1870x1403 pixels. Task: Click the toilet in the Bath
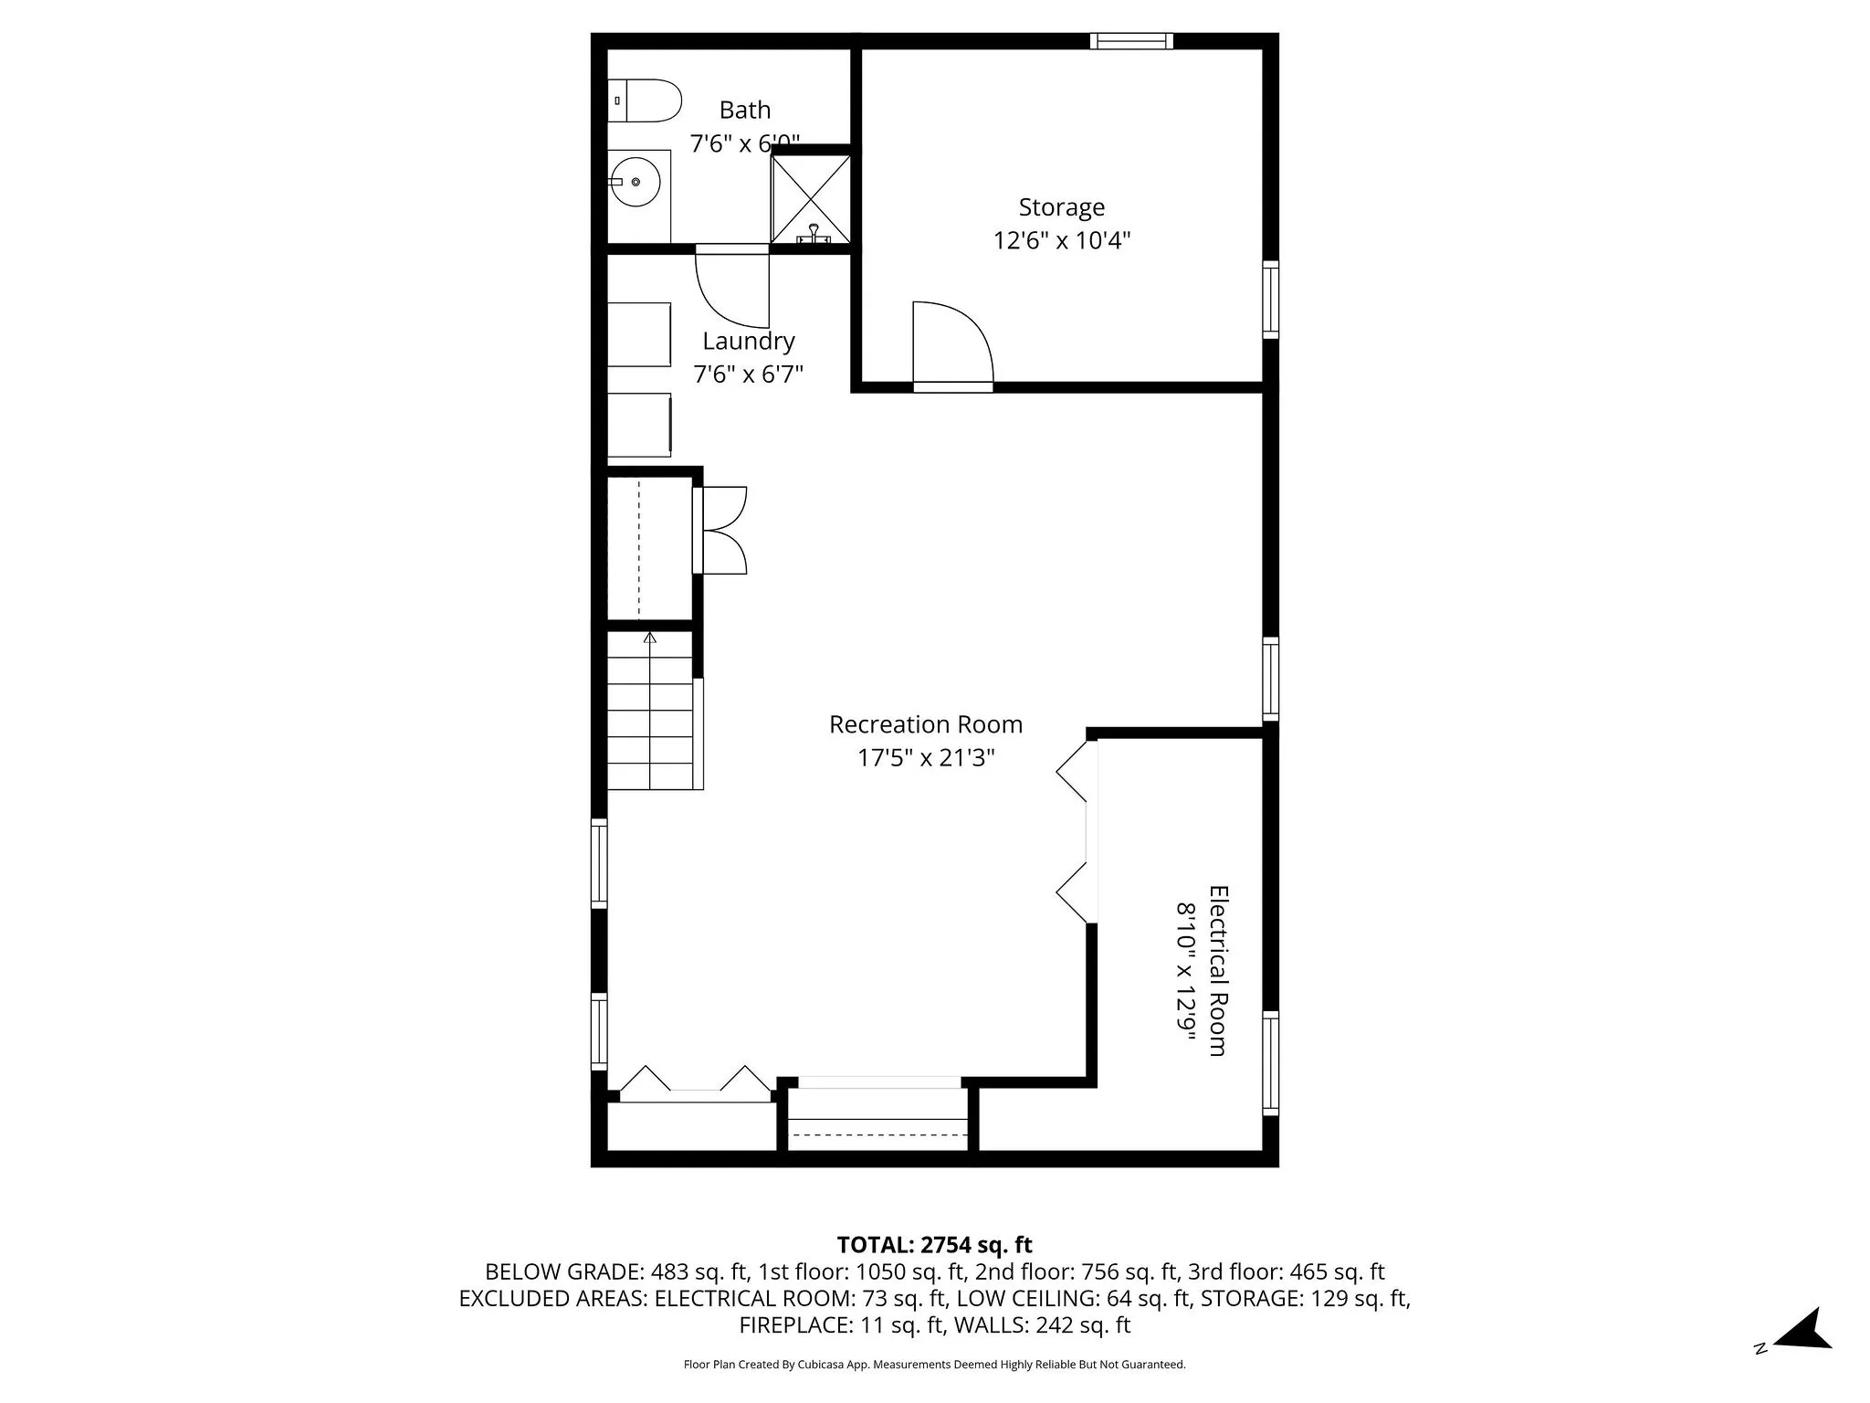[x=646, y=100]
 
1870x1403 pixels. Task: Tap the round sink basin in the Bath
[x=636, y=182]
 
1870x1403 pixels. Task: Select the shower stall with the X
[x=811, y=198]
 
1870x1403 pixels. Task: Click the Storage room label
[x=1061, y=207]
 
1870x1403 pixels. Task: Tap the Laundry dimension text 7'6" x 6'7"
[x=748, y=374]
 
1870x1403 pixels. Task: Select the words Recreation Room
[x=925, y=724]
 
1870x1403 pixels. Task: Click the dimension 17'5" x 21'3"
[x=925, y=758]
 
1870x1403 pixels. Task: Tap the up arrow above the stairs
[x=650, y=638]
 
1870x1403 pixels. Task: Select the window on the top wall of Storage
[x=1131, y=40]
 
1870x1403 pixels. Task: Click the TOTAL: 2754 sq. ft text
[x=934, y=1244]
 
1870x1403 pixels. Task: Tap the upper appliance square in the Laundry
[x=639, y=334]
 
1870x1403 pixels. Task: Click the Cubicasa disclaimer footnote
[x=934, y=1365]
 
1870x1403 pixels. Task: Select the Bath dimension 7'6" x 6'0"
[x=744, y=143]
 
